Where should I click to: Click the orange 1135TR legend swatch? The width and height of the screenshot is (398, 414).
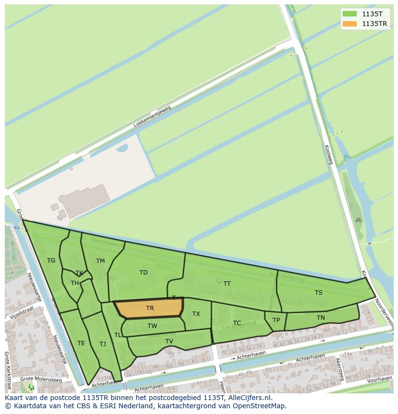[349, 24]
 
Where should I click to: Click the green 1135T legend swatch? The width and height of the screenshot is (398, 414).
[349, 14]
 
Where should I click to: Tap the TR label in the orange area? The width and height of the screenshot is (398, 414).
[150, 308]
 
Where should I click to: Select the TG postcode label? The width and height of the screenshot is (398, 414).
[51, 261]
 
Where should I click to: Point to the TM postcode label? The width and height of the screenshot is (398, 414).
[100, 261]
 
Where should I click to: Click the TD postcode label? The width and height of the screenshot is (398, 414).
[143, 273]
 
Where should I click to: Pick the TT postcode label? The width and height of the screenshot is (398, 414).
[227, 284]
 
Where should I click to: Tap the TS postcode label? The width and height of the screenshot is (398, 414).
[319, 293]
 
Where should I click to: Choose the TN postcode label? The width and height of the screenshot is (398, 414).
[321, 318]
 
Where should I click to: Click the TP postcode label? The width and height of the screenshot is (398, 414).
[276, 320]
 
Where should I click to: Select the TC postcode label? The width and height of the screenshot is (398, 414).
[237, 323]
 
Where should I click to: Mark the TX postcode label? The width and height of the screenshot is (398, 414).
[196, 314]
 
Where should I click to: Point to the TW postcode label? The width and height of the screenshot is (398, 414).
[152, 326]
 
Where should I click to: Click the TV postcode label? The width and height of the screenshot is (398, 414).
[169, 341]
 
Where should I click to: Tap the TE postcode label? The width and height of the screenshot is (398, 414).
[81, 343]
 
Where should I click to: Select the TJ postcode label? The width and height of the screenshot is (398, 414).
[102, 344]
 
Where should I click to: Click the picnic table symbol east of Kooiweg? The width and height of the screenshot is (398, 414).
[358, 221]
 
